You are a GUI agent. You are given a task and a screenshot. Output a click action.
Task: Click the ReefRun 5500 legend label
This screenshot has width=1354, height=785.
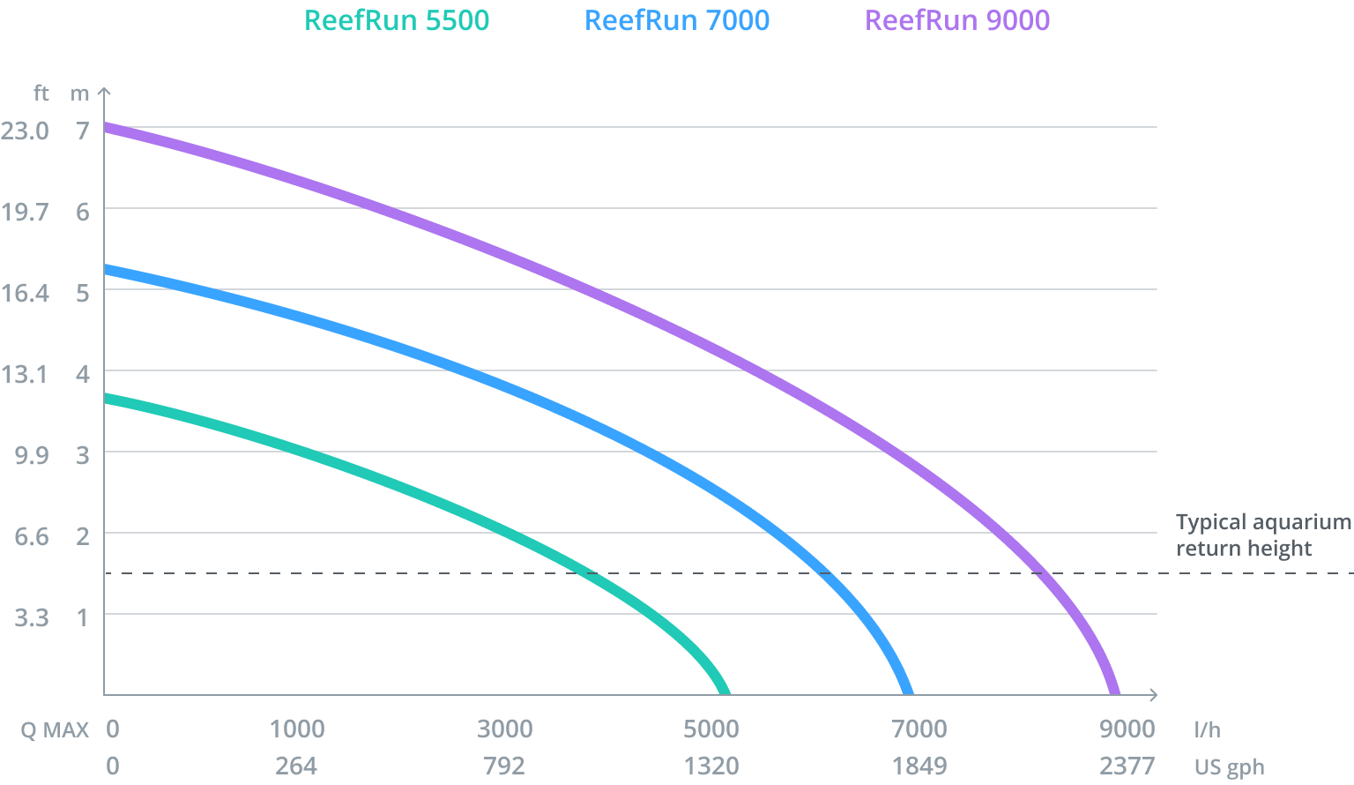coord(397,20)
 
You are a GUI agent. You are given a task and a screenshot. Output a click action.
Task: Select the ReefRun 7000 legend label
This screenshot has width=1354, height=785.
coord(677,20)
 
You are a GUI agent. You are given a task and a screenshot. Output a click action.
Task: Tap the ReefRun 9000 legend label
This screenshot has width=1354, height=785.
coord(957,20)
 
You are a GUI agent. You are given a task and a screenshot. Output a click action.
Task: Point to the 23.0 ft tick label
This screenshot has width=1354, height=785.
coord(25,131)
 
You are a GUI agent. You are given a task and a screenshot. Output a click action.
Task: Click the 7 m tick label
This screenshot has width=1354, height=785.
coord(83,131)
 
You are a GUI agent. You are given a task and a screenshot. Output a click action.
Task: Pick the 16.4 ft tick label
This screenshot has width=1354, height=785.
coord(25,293)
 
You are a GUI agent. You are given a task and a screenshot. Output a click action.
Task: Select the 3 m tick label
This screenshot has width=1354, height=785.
coord(83,455)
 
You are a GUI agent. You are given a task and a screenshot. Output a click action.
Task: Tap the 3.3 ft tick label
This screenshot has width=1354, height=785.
coord(31,617)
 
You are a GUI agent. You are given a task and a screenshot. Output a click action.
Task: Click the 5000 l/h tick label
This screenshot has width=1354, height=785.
coord(711,729)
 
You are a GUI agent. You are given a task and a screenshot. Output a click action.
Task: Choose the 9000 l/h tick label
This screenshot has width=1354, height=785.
coord(1127,729)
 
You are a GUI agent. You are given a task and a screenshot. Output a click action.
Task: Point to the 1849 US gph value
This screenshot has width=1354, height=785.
coord(919,765)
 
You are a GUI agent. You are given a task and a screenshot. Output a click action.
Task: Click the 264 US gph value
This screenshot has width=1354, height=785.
coord(296,765)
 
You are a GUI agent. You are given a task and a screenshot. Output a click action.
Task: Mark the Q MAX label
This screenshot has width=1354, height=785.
coord(55,729)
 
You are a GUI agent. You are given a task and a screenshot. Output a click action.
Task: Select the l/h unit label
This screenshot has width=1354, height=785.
coord(1208,729)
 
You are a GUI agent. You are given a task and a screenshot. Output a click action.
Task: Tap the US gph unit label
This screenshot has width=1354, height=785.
coord(1229,766)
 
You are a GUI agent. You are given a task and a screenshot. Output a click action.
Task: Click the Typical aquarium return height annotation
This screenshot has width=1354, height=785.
coord(1262,535)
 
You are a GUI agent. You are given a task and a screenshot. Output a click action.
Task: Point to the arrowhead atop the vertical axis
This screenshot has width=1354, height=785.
coord(104,91)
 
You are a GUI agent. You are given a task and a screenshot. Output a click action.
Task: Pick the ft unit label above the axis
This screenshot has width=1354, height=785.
coord(41,93)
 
